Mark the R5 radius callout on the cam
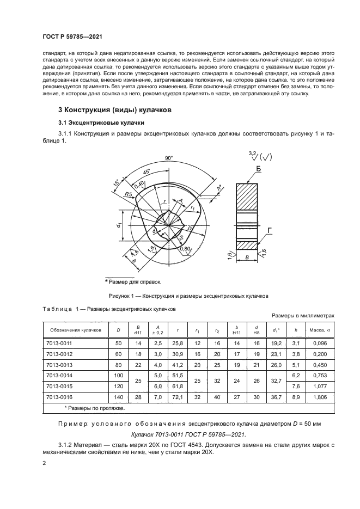tap(129, 194)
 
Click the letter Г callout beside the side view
tap(270, 230)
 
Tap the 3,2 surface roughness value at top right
tap(252, 154)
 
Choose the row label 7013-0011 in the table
tap(59, 344)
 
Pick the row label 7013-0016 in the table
tap(59, 398)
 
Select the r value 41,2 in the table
tap(176, 365)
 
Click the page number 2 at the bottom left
tap(44, 464)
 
